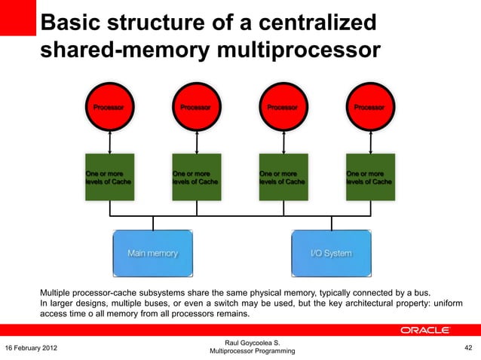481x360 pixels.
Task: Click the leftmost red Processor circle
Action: point(111,107)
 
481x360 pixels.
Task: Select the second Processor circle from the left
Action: point(197,107)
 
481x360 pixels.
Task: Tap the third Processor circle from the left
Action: point(283,107)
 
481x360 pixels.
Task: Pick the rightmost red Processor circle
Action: point(369,107)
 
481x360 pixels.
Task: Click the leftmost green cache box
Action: point(111,178)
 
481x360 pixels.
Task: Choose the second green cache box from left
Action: point(197,178)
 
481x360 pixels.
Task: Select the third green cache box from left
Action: point(283,178)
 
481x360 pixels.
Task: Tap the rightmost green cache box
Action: point(369,178)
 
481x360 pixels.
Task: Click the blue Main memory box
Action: point(153,253)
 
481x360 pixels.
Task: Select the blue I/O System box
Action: point(331,253)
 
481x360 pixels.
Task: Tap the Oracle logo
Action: point(426,330)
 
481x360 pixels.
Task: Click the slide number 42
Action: point(468,347)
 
